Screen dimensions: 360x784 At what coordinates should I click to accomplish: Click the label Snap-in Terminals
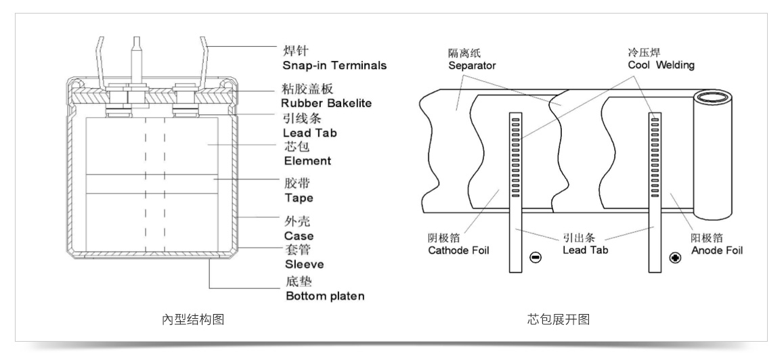pyautogui.click(x=334, y=66)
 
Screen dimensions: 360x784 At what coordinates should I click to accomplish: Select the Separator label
pyautogui.click(x=472, y=66)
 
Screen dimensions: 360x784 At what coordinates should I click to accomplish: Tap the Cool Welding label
pyautogui.click(x=660, y=65)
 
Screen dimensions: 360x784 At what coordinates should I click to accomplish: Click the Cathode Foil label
pyautogui.click(x=458, y=250)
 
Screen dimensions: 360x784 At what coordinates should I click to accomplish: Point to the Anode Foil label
pyautogui.click(x=717, y=250)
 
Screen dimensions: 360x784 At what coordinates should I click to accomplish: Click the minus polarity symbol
pyautogui.click(x=536, y=258)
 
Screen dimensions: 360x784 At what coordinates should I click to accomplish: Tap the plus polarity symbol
pyautogui.click(x=674, y=258)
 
